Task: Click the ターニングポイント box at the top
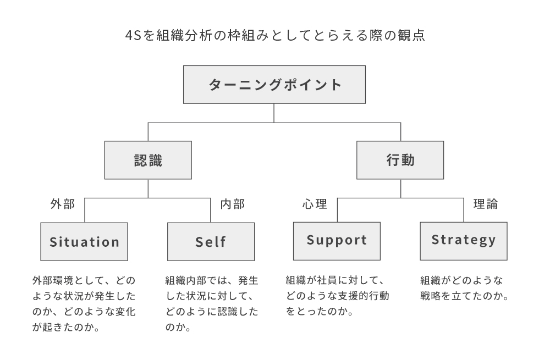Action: pyautogui.click(x=274, y=85)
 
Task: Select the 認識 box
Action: pyautogui.click(x=148, y=160)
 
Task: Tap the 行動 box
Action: pyautogui.click(x=400, y=160)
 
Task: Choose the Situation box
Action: pyautogui.click(x=84, y=242)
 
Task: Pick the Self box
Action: pyautogui.click(x=211, y=242)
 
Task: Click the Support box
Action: pyautogui.click(x=337, y=241)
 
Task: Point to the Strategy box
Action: pyautogui.click(x=463, y=241)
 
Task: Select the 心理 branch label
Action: pyautogui.click(x=315, y=204)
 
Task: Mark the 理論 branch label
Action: pyautogui.click(x=485, y=204)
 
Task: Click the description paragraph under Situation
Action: pyautogui.click(x=84, y=304)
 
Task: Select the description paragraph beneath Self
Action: pyautogui.click(x=211, y=304)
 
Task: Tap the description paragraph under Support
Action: pyautogui.click(x=337, y=296)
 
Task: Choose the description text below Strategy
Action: pyautogui.click(x=463, y=288)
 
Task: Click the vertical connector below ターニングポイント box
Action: pyautogui.click(x=274, y=113)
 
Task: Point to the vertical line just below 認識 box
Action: pyautogui.click(x=148, y=189)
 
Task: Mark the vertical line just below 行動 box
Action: pyautogui.click(x=400, y=189)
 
